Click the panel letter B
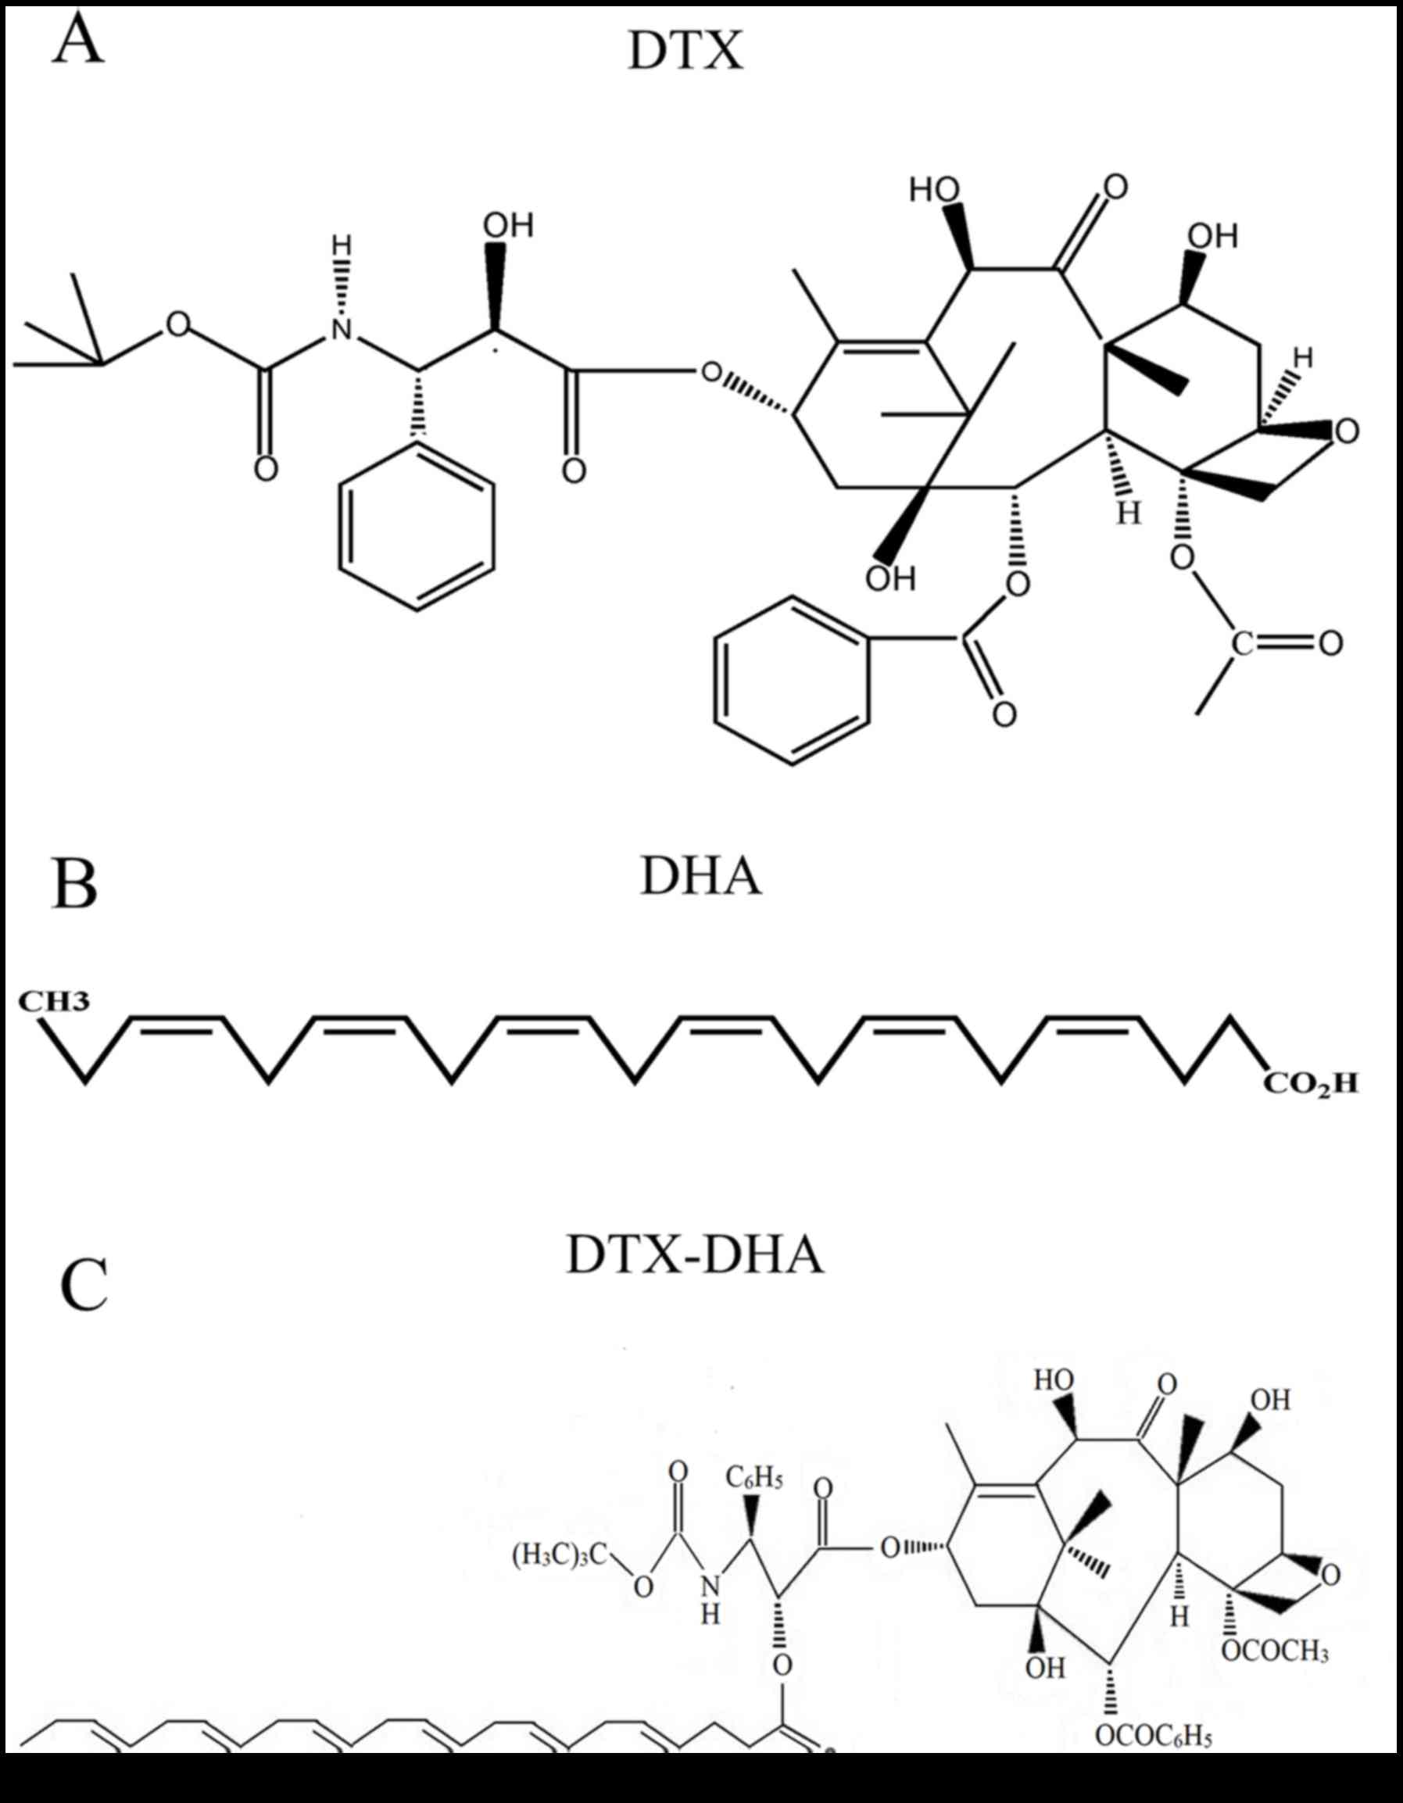coord(74,883)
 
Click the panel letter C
coord(84,1286)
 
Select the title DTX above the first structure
coord(685,51)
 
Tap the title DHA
coord(700,876)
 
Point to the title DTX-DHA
coord(695,1256)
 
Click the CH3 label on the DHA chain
coord(55,1002)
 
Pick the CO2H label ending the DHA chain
coord(1311,1083)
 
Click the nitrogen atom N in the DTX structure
coord(341,331)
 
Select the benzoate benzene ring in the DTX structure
coord(792,681)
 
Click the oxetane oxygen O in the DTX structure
coord(1347,431)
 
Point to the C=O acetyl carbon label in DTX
coord(1242,643)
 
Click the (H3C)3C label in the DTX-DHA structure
coord(559,1555)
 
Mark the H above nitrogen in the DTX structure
coord(341,245)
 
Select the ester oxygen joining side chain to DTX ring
coord(710,372)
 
